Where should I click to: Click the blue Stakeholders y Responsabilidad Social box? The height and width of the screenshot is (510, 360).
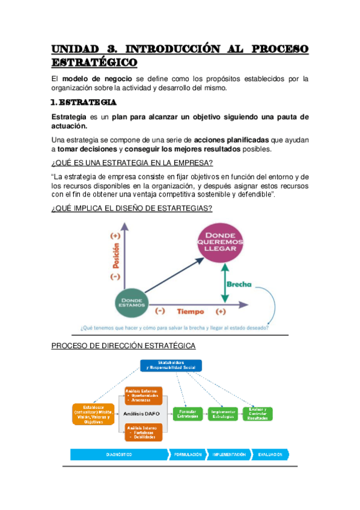click(171, 365)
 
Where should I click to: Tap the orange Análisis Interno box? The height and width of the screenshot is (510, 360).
click(143, 431)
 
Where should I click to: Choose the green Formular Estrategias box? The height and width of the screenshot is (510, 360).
click(187, 414)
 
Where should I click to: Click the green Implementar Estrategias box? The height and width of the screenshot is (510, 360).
click(223, 414)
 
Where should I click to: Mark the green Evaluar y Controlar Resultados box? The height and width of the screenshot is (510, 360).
click(258, 414)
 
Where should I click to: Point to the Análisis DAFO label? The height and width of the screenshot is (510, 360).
click(141, 414)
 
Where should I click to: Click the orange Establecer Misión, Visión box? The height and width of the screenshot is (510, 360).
click(94, 414)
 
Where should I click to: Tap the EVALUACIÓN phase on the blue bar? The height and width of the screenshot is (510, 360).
click(270, 455)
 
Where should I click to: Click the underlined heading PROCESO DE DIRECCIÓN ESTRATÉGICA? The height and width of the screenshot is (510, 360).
click(123, 346)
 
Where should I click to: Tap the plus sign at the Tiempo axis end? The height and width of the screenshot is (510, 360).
click(221, 312)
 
